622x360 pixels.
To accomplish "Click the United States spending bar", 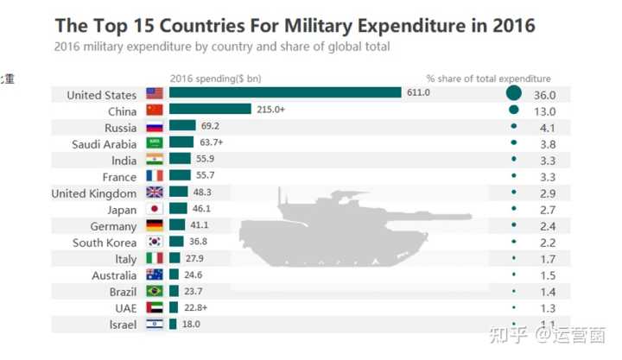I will [x=285, y=93].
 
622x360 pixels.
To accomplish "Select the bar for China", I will [x=210, y=110].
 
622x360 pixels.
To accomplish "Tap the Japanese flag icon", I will [x=155, y=209].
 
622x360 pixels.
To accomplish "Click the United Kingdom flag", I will [x=155, y=193].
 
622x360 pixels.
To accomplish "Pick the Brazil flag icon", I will [x=155, y=291].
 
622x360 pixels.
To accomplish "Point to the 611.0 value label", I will [x=418, y=93].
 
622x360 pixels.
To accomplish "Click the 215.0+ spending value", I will [x=270, y=110].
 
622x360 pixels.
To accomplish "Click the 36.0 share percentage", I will [x=545, y=95].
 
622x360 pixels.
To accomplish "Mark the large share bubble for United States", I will [x=514, y=94].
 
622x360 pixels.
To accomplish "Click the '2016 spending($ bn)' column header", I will [x=215, y=79].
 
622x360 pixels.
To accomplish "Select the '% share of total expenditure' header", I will [x=488, y=79].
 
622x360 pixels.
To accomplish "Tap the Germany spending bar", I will [x=177, y=225].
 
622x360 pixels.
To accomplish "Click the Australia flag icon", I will [x=155, y=275].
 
